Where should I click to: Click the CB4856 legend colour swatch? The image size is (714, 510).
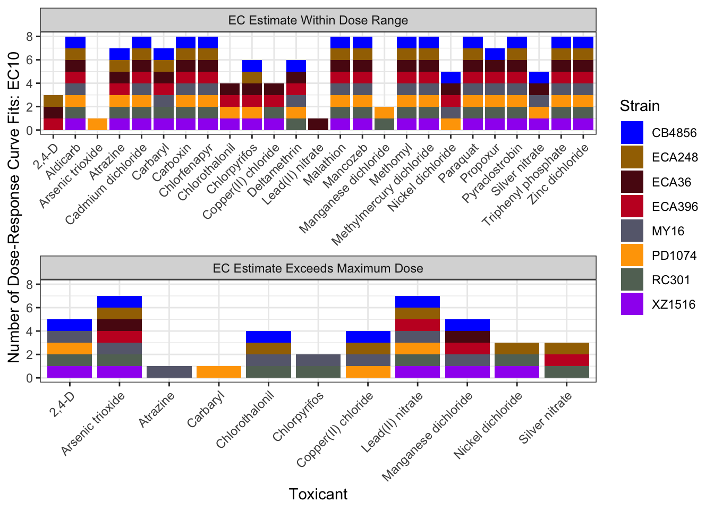pyautogui.click(x=632, y=133)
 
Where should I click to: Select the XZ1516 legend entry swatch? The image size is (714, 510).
pyautogui.click(x=632, y=304)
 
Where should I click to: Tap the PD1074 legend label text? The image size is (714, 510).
pyautogui.click(x=674, y=256)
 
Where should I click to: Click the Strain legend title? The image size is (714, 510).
pyautogui.click(x=640, y=106)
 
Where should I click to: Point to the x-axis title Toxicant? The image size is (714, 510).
pyautogui.click(x=318, y=494)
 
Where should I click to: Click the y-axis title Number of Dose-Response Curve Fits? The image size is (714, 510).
pyautogui.click(x=14, y=207)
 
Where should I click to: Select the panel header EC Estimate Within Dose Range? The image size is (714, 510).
pyautogui.click(x=318, y=21)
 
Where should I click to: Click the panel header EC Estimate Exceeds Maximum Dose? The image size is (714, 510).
pyautogui.click(x=318, y=268)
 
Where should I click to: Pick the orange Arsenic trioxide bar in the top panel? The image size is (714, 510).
pyautogui.click(x=97, y=124)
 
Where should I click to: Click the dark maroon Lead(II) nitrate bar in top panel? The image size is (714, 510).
pyautogui.click(x=318, y=124)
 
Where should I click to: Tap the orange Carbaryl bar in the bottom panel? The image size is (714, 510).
pyautogui.click(x=219, y=372)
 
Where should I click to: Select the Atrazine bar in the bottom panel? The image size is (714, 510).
pyautogui.click(x=169, y=372)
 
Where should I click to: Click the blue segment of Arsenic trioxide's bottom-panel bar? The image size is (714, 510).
pyautogui.click(x=120, y=302)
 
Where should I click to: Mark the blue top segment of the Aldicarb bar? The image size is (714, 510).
pyautogui.click(x=75, y=42)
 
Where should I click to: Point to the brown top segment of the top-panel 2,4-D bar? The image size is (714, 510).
pyautogui.click(x=53, y=101)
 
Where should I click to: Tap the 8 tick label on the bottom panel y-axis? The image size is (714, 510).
pyautogui.click(x=30, y=285)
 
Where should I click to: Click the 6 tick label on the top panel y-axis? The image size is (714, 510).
pyautogui.click(x=30, y=60)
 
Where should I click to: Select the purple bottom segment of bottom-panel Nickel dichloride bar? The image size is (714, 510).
pyautogui.click(x=517, y=372)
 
